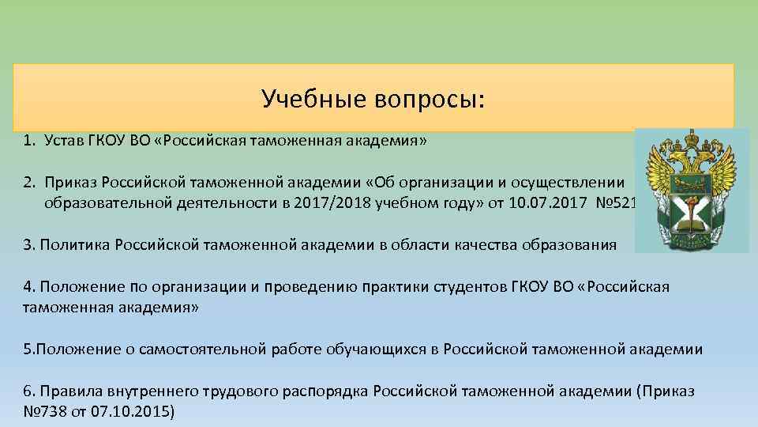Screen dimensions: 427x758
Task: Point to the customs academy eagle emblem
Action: [x=692, y=190]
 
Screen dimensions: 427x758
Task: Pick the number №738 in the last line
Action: [x=44, y=412]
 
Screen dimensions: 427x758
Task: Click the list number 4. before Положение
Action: [x=29, y=286]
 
